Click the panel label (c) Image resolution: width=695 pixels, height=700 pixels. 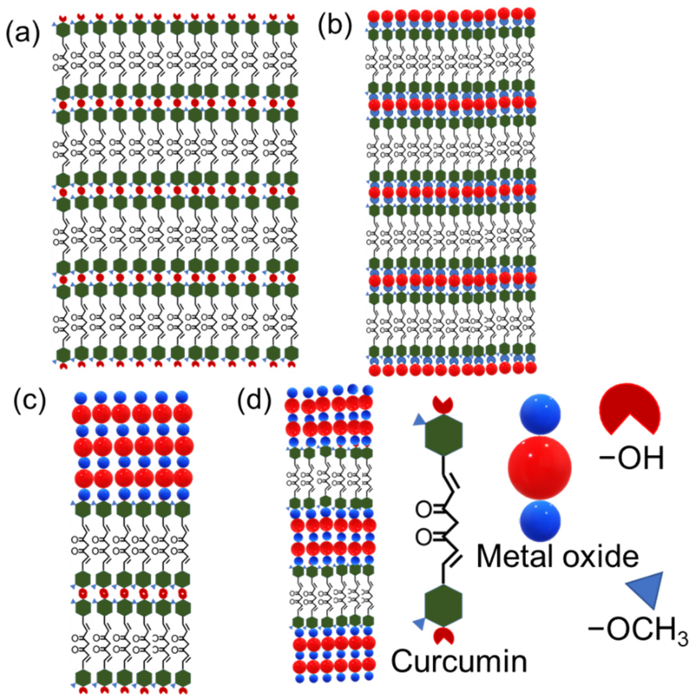coord(30,402)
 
